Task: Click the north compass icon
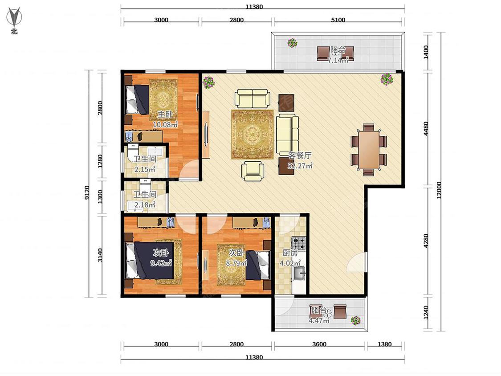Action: point(14,18)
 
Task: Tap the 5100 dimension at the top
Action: point(338,20)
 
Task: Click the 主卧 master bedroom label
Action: point(164,114)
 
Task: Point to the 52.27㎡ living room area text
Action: point(300,166)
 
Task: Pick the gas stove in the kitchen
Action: point(299,243)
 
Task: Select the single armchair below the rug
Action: point(253,171)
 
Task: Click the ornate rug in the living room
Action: point(253,134)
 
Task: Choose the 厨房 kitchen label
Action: point(290,253)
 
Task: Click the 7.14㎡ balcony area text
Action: point(338,60)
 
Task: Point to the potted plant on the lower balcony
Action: point(355,320)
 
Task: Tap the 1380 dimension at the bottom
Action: point(384,344)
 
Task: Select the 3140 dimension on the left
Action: point(100,255)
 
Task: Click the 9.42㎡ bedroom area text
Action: point(161,263)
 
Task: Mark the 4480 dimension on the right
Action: point(426,129)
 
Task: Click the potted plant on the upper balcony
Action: point(292,43)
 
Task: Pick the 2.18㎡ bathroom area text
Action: point(145,204)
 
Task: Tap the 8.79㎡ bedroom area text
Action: point(236,263)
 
